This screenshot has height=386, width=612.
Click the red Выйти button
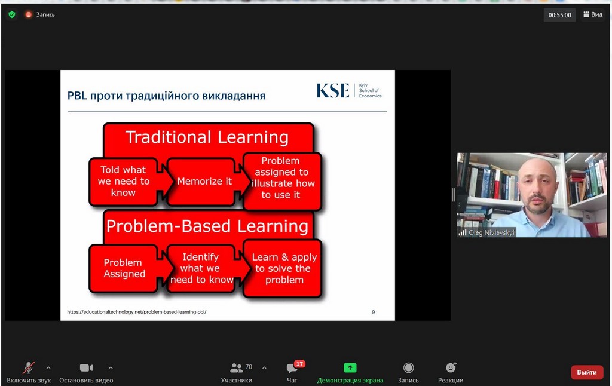[587, 372]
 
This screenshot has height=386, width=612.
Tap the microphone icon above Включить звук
[29, 367]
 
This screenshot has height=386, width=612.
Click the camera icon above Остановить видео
[86, 367]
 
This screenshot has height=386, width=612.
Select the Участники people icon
[236, 367]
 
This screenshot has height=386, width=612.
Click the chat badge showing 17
[299, 364]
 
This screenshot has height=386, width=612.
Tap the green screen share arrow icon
[350, 367]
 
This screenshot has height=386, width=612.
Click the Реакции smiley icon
[451, 367]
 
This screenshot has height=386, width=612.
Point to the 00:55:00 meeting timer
[559, 15]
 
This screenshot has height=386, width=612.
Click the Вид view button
[593, 14]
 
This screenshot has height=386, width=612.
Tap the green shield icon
[12, 14]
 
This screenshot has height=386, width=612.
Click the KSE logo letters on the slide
[332, 91]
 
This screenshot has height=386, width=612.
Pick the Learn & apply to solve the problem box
[283, 268]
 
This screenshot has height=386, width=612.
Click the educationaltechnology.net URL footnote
[137, 312]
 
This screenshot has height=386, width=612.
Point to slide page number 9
[373, 312]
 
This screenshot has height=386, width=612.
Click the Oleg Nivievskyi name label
[491, 232]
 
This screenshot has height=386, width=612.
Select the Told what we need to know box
[123, 182]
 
